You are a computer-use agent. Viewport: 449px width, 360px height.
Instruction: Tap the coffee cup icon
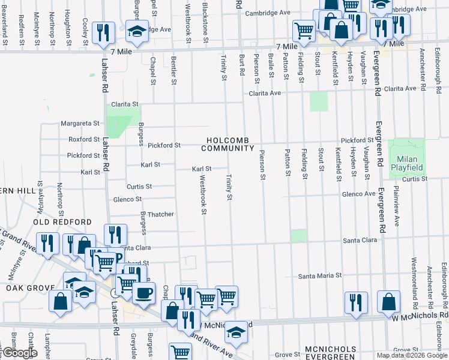tap(143, 293)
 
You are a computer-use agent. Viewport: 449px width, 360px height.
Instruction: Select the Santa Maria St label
tap(321, 276)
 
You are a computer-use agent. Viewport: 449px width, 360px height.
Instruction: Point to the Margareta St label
tap(80, 124)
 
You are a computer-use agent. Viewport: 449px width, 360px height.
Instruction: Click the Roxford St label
tap(83, 139)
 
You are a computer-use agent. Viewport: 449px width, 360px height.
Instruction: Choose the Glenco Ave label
tap(358, 194)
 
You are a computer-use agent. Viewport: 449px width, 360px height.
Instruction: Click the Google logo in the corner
tap(19, 353)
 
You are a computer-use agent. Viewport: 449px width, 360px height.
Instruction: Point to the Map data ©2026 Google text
tap(412, 355)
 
